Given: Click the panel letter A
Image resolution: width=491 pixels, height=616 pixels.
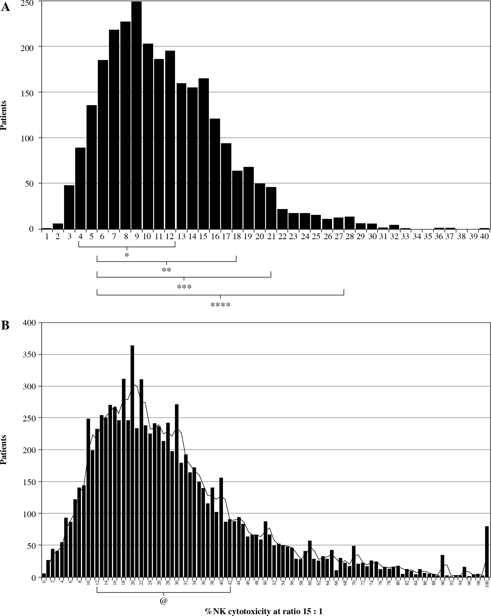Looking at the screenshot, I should click(x=5, y=7).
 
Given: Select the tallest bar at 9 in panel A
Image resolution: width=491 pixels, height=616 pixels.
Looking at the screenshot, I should click(x=136, y=114).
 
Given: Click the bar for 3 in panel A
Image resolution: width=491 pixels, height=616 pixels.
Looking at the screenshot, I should click(x=69, y=207).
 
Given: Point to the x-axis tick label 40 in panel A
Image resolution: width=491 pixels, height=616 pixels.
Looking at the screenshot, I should click(x=484, y=237).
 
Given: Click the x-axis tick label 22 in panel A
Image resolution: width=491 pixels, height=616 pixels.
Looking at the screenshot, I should click(x=282, y=237).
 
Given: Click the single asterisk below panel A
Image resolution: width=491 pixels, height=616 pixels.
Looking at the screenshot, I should click(x=127, y=255).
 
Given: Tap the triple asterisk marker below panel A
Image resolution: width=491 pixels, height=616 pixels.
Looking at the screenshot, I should click(x=184, y=287).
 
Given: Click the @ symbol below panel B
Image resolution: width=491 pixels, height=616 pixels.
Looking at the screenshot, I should click(x=163, y=601).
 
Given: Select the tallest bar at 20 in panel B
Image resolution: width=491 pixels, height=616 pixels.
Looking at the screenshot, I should click(x=132, y=463).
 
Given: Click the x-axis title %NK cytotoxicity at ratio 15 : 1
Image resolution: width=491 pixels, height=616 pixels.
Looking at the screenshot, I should click(x=264, y=611).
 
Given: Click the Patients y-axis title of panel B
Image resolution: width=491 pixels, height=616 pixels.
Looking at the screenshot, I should click(x=4, y=450).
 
